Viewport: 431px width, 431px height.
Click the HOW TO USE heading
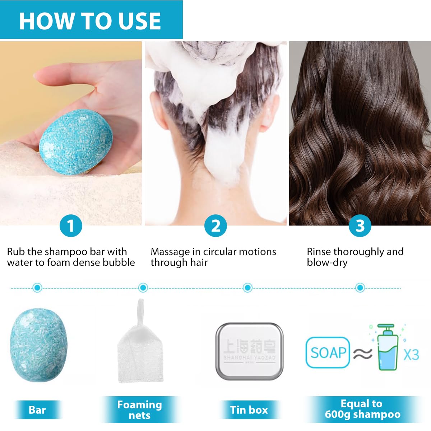click(x=90, y=21)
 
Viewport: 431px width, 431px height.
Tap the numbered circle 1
click(x=71, y=226)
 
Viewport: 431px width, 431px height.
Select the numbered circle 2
click(x=215, y=226)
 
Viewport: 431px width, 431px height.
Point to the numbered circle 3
click(x=360, y=226)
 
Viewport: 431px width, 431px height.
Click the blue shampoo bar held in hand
click(x=76, y=142)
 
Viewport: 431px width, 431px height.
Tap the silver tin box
click(x=249, y=351)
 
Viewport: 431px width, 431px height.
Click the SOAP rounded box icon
click(x=328, y=352)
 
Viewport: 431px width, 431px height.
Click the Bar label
click(x=37, y=410)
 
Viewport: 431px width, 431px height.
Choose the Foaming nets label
click(x=140, y=410)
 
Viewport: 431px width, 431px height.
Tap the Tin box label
click(x=249, y=410)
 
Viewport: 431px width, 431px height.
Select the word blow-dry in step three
click(x=327, y=263)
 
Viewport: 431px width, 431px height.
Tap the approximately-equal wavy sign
click(x=363, y=354)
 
